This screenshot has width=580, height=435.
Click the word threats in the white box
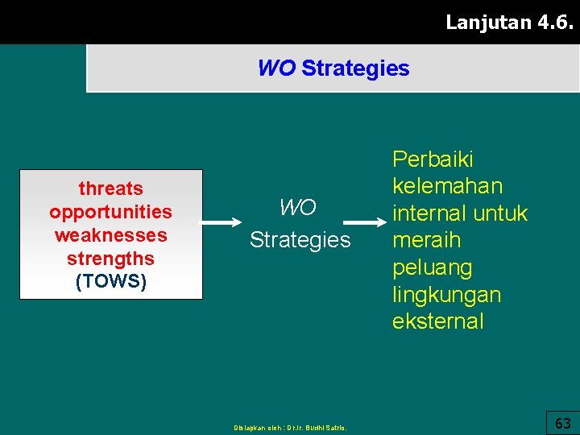point(110,188)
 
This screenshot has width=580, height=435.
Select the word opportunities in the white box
point(110,212)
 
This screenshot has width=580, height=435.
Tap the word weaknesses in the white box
point(110,235)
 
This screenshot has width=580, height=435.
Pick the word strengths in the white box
point(110,259)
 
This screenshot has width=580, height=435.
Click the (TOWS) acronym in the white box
point(110,282)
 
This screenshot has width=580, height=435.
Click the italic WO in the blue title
point(276,68)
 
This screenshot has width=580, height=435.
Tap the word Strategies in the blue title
point(355,68)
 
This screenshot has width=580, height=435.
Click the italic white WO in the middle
point(297,208)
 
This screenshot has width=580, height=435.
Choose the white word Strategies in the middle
point(300,239)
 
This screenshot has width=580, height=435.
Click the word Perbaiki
point(433,159)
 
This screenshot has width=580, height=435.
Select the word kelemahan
point(447,186)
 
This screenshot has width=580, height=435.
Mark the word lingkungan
point(446,295)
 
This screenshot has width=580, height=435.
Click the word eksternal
point(437,321)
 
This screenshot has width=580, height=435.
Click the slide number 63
point(563,423)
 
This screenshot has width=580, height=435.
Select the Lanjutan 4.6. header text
point(508,22)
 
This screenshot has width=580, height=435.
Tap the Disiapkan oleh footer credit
point(290,428)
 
